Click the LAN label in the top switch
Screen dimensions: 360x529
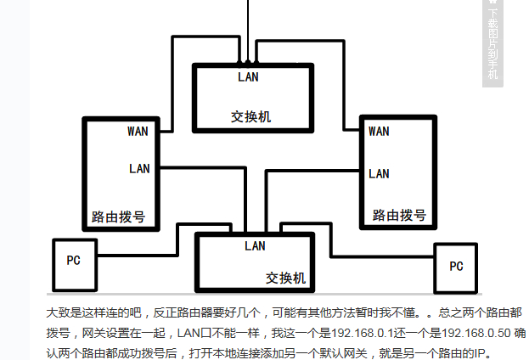click(x=249, y=77)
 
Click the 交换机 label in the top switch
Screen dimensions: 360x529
click(x=250, y=116)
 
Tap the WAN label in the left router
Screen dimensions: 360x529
click(x=138, y=131)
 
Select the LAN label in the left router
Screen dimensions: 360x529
click(x=139, y=168)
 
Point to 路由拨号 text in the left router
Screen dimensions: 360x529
click(x=118, y=217)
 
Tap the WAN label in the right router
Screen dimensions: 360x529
click(x=379, y=131)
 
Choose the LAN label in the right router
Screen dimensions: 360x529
click(x=379, y=173)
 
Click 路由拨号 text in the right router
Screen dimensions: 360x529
click(x=399, y=215)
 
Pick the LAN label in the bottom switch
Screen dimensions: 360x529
click(x=255, y=245)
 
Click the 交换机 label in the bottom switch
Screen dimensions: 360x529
click(x=284, y=278)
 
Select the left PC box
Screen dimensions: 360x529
click(x=74, y=260)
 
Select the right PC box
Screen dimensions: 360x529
click(x=456, y=266)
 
